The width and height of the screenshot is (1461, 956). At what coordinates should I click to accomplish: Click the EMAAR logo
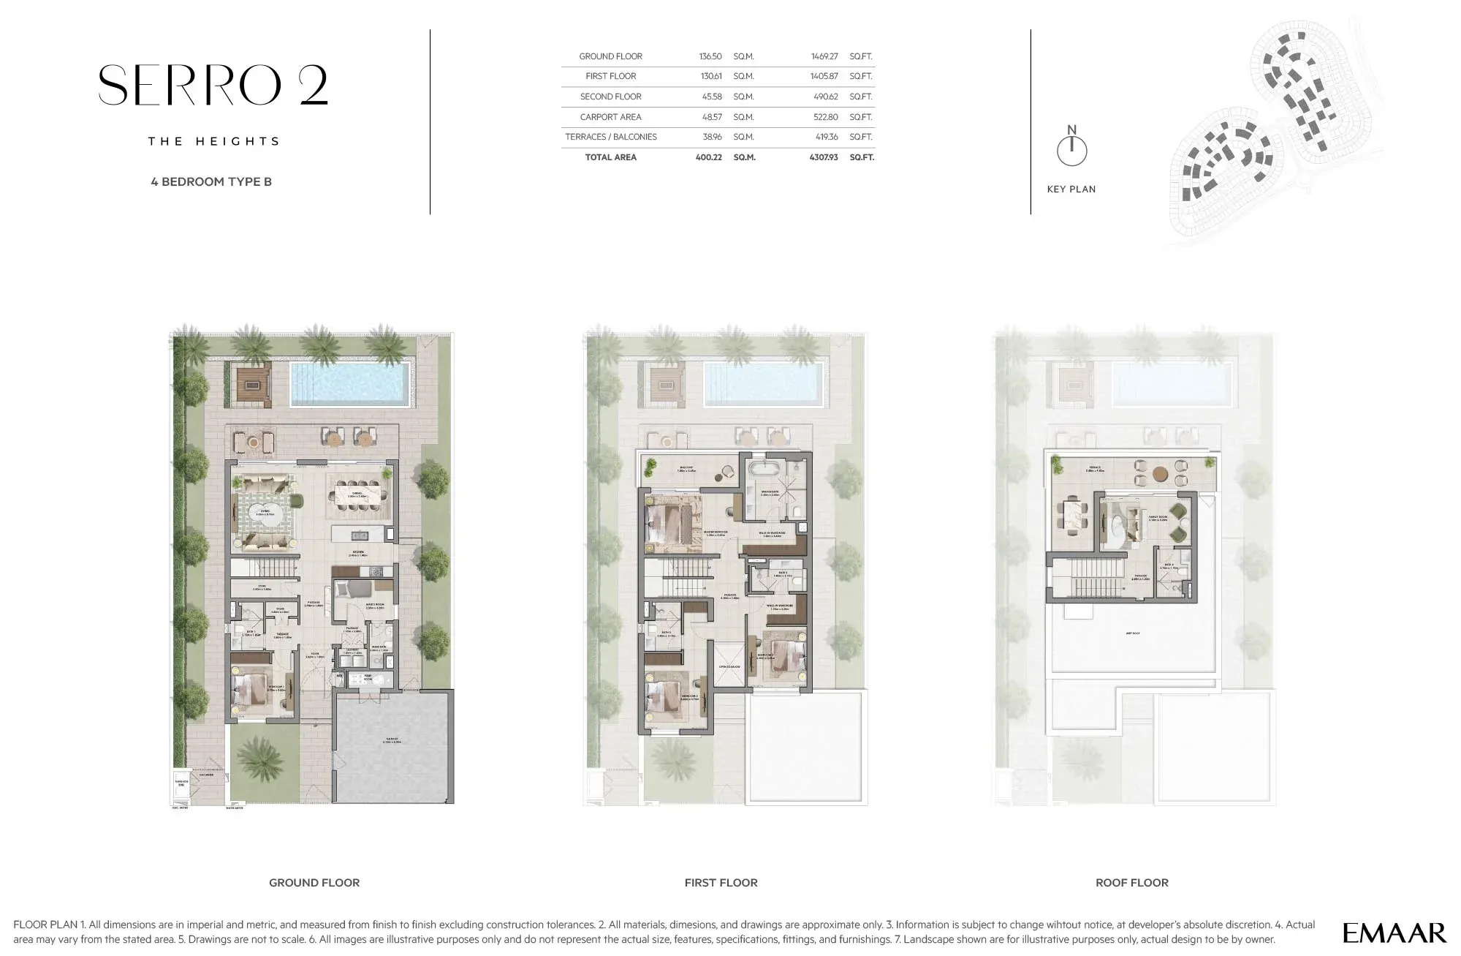[1394, 933]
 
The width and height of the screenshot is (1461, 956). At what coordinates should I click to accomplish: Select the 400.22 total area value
[708, 157]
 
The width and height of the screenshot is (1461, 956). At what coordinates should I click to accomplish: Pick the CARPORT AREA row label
[610, 117]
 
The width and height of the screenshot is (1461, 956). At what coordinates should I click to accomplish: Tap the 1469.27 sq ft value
[824, 56]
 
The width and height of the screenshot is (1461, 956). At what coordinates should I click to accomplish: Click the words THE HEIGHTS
[214, 141]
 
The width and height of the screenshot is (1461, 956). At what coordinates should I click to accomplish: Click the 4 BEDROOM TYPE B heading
[211, 181]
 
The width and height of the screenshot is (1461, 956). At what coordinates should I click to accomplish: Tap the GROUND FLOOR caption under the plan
[314, 883]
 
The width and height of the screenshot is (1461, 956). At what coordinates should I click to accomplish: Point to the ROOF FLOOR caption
[1131, 883]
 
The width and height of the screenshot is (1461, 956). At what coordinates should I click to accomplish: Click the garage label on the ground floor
[392, 740]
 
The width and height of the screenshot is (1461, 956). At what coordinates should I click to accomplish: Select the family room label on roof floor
[1158, 517]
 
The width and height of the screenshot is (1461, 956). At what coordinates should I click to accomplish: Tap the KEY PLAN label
[1071, 189]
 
